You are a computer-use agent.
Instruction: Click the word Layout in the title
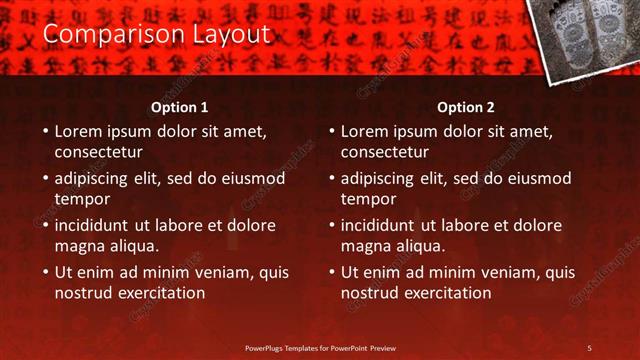coord(235,35)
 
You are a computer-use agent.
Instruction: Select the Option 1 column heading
coord(180,107)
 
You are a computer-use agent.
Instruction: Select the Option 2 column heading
coord(466,107)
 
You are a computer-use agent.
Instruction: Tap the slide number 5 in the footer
coord(589,348)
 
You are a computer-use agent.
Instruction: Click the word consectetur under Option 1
coord(98,153)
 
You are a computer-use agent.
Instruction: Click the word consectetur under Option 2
coord(384,153)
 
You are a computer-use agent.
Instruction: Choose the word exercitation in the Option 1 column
coord(158,293)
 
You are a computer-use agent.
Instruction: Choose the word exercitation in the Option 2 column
coord(444,293)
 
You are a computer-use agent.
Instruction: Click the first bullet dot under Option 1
coord(45,131)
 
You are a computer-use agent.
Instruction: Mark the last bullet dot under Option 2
coord(331,272)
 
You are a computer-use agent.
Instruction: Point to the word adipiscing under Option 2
coord(377,178)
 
